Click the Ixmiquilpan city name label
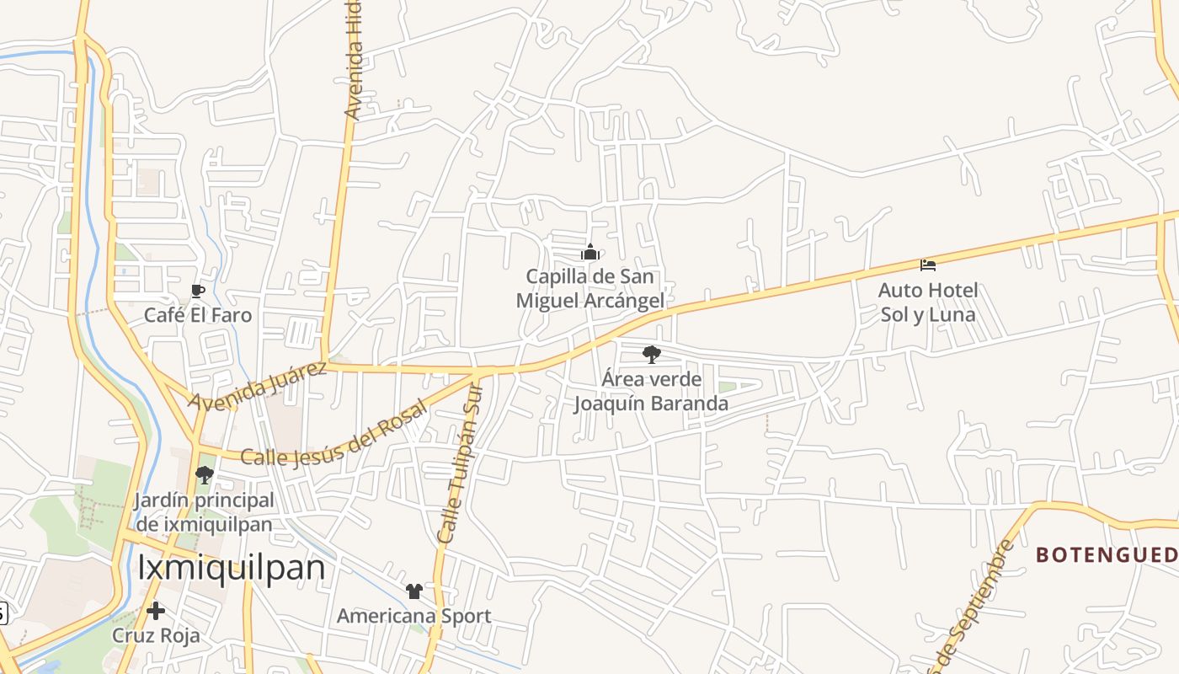point(231,567)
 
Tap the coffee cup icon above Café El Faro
point(198,292)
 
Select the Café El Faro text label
point(198,315)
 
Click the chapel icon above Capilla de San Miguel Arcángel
point(590,252)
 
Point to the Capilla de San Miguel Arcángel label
point(589,288)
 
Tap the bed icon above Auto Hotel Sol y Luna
point(928,265)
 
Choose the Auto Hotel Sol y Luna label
point(928,302)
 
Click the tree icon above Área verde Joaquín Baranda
point(651,355)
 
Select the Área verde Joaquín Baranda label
point(651,391)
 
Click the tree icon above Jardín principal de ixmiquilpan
point(204,475)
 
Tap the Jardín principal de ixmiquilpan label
point(204,512)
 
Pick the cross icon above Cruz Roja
point(156,611)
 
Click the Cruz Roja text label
point(157,635)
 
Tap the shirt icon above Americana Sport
point(413,591)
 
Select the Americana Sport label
point(413,616)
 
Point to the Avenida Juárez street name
point(257,386)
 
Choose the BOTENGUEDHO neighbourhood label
point(1107,554)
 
